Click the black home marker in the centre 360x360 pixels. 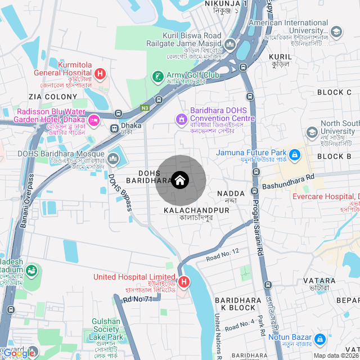point(179,180)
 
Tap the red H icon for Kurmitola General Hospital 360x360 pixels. point(100,73)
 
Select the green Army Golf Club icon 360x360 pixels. point(159,76)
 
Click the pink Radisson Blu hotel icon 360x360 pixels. point(94,119)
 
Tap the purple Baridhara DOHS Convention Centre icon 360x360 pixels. point(181,119)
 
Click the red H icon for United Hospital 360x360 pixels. point(184,282)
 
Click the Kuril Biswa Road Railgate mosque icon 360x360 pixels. point(230,44)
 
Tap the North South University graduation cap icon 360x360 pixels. point(312,133)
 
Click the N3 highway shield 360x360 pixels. point(145,107)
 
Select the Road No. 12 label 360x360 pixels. point(223,254)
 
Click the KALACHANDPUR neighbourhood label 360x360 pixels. point(196,210)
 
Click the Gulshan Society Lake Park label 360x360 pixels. point(106,330)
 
